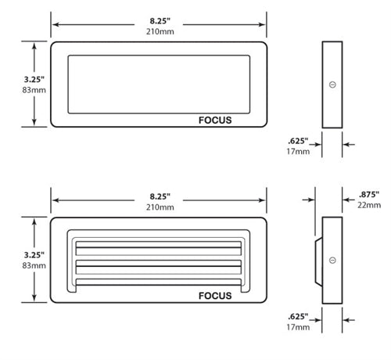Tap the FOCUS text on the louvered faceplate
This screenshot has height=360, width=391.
pyautogui.click(x=215, y=295)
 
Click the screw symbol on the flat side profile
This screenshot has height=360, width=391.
pyautogui.click(x=332, y=84)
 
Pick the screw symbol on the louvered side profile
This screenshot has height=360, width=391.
pyautogui.click(x=332, y=259)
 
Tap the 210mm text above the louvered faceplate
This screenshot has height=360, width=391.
pyautogui.click(x=159, y=207)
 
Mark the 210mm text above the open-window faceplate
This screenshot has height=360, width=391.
pyautogui.click(x=159, y=31)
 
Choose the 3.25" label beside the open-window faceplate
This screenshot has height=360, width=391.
pyautogui.click(x=13, y=78)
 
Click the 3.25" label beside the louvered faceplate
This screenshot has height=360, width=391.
pyautogui.click(x=13, y=254)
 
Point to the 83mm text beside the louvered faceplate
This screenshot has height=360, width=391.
pyautogui.click(x=13, y=266)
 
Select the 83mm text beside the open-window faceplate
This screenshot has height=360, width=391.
pyautogui.click(x=13, y=91)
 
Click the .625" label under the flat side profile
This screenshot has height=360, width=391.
pyautogui.click(x=298, y=141)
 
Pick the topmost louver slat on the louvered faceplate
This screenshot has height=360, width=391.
pyautogui.click(x=156, y=249)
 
